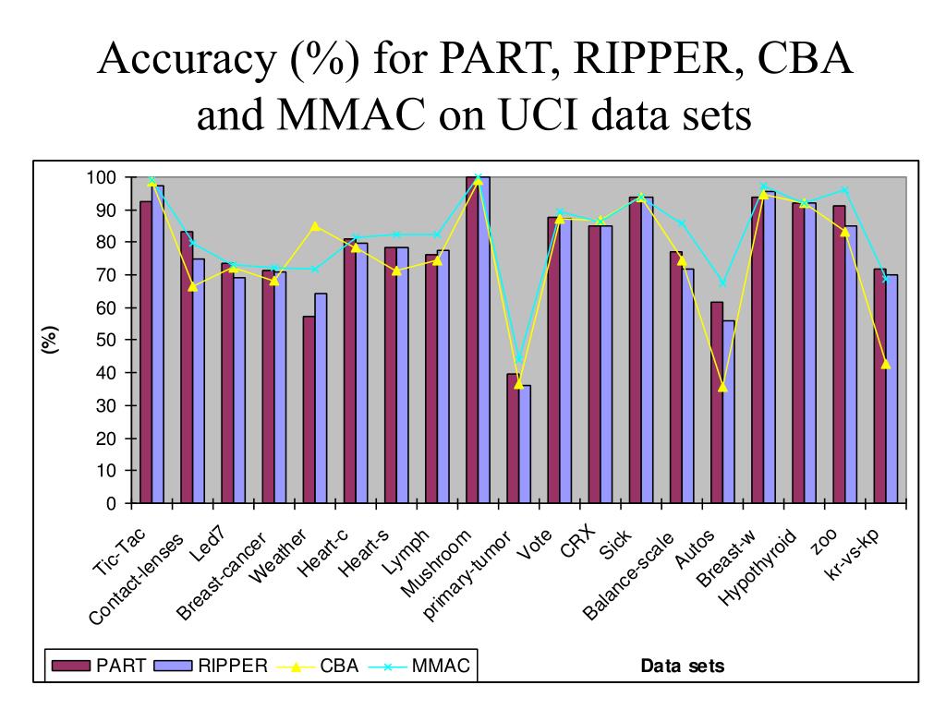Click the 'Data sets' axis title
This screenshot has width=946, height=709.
[683, 666]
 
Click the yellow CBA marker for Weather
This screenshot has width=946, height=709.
[316, 226]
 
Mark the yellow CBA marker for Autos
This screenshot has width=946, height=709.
[722, 387]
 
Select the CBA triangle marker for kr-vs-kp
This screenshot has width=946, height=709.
[885, 365]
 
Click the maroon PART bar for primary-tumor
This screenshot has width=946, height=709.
[513, 439]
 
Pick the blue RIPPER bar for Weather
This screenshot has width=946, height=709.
[321, 398]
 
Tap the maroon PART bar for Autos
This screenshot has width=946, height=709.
[716, 403]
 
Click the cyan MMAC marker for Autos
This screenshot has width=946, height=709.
[722, 282]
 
